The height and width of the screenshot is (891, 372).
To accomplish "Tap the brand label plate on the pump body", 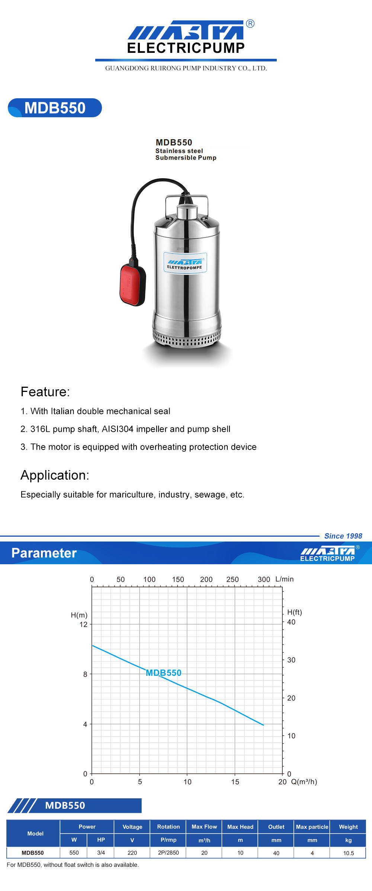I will click(x=185, y=263).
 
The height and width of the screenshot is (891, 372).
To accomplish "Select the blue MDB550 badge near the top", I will click(x=55, y=108).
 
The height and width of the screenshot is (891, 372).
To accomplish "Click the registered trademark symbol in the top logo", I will click(x=250, y=24).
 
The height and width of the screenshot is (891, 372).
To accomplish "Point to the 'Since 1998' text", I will click(x=343, y=536).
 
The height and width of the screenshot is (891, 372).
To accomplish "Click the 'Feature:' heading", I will click(x=45, y=392).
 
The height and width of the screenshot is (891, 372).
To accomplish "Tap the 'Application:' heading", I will click(x=55, y=475).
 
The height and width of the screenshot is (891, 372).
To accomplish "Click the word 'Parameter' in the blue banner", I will click(x=44, y=553).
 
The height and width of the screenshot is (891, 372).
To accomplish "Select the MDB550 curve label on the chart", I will click(x=164, y=673).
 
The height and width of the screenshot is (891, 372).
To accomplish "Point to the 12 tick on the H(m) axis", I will click(x=83, y=625).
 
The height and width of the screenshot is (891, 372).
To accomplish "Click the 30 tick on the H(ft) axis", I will click(x=291, y=660).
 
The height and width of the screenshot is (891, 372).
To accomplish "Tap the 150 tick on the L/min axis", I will click(x=178, y=579).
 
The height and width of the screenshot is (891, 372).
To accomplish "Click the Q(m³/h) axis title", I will click(x=304, y=782).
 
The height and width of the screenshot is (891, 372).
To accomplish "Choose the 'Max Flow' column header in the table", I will click(x=204, y=827).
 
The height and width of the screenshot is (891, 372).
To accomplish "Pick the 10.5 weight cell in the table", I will click(x=349, y=853).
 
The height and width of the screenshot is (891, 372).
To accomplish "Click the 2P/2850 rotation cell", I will click(x=169, y=853).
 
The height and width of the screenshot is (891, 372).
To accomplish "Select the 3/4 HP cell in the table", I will click(x=101, y=853).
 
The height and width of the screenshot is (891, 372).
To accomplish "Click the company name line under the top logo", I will click(x=186, y=68).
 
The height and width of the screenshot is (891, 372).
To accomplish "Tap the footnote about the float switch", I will click(x=73, y=865).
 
